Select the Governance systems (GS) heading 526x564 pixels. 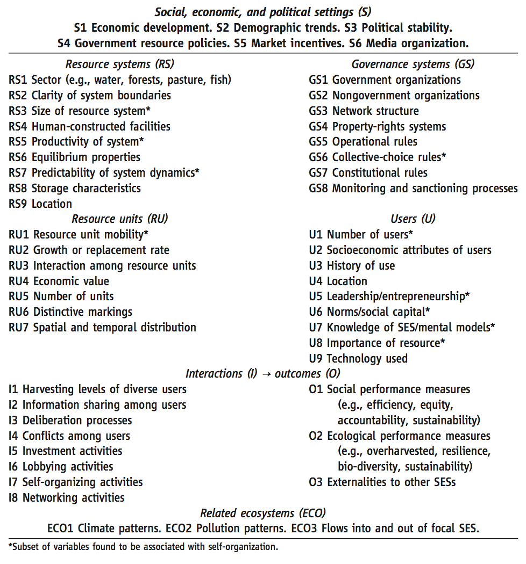pos(413,64)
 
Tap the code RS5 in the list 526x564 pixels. pos(19,142)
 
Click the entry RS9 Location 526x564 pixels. pos(40,204)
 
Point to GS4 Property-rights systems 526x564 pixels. pos(377,127)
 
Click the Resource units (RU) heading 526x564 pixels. pos(119,219)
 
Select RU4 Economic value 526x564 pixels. pos(59,281)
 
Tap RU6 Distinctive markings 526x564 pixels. pos(70,312)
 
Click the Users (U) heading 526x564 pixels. pos(413,219)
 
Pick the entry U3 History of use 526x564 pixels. pos(352,266)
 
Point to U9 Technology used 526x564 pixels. pos(358,359)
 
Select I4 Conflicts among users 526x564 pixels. pos(69,436)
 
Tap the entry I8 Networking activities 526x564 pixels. pos(67,498)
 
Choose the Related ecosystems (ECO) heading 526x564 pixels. pos(262,513)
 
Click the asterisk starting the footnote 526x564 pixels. pos(10,547)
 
